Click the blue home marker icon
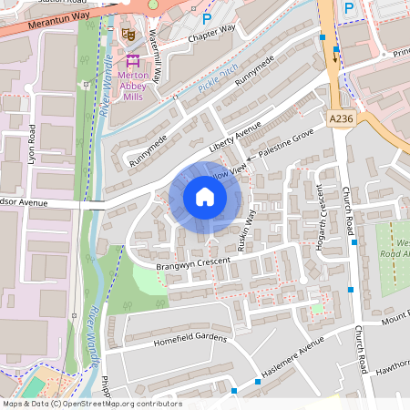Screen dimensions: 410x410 coord(205,197)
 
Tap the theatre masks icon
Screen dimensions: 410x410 coord(128,34)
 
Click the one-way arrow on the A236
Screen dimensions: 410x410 coord(333,58)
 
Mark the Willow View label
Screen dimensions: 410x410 coord(230,171)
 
